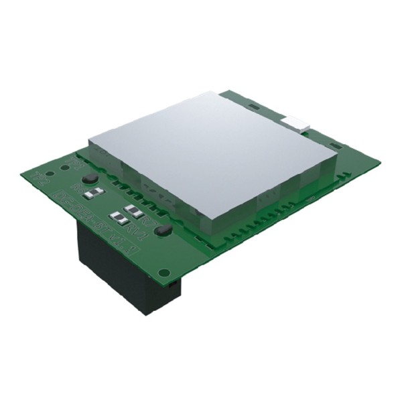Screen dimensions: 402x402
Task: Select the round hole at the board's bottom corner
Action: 163,271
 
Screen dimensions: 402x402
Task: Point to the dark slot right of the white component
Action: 321,131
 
